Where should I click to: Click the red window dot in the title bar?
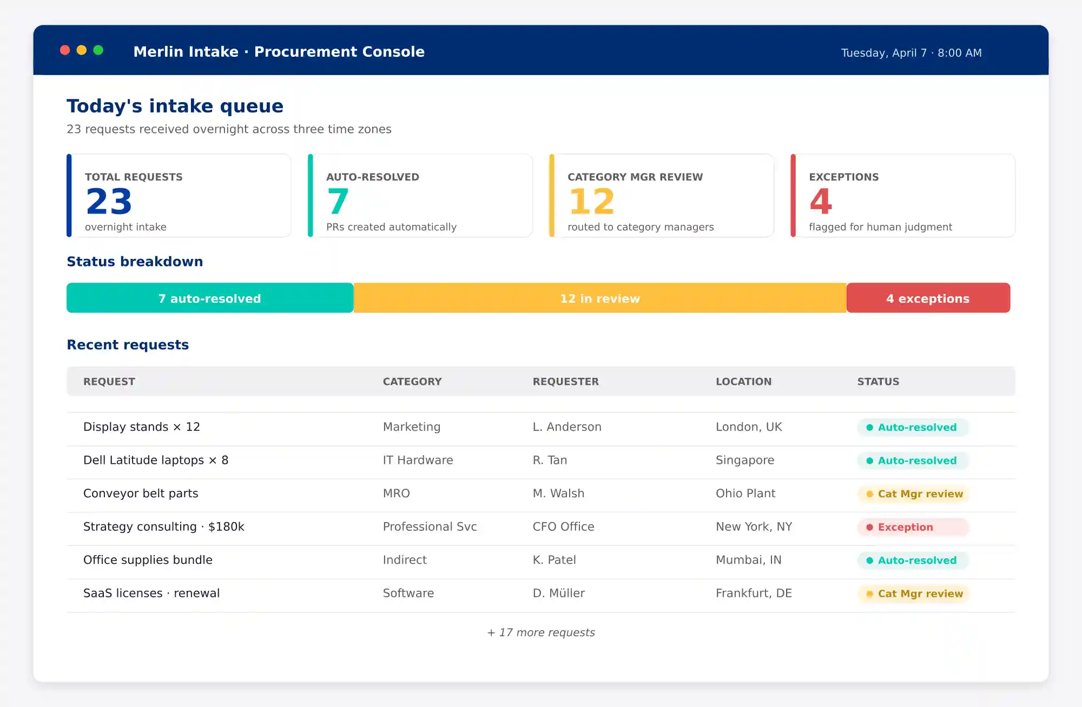[x=65, y=50]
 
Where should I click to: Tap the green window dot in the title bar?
[x=98, y=50]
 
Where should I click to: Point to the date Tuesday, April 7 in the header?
[x=883, y=53]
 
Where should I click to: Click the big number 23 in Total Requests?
[x=109, y=202]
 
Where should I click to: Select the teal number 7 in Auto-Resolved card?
[x=338, y=202]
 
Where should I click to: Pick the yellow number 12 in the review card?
[x=591, y=202]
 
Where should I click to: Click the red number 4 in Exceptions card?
[x=820, y=202]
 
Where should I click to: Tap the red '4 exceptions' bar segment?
[x=928, y=298]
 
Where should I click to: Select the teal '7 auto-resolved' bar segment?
[x=210, y=298]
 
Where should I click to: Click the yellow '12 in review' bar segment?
[x=599, y=298]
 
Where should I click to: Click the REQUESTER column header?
[x=565, y=382]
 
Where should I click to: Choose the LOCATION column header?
[x=743, y=382]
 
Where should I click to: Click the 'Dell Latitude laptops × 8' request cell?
[x=156, y=461]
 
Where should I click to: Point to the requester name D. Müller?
[x=558, y=593]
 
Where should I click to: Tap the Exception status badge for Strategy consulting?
[x=913, y=527]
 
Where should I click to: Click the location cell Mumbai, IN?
[x=748, y=560]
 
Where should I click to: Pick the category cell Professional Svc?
[x=430, y=527]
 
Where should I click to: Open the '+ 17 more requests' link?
[x=541, y=632]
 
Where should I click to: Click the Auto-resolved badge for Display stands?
[x=913, y=428]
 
